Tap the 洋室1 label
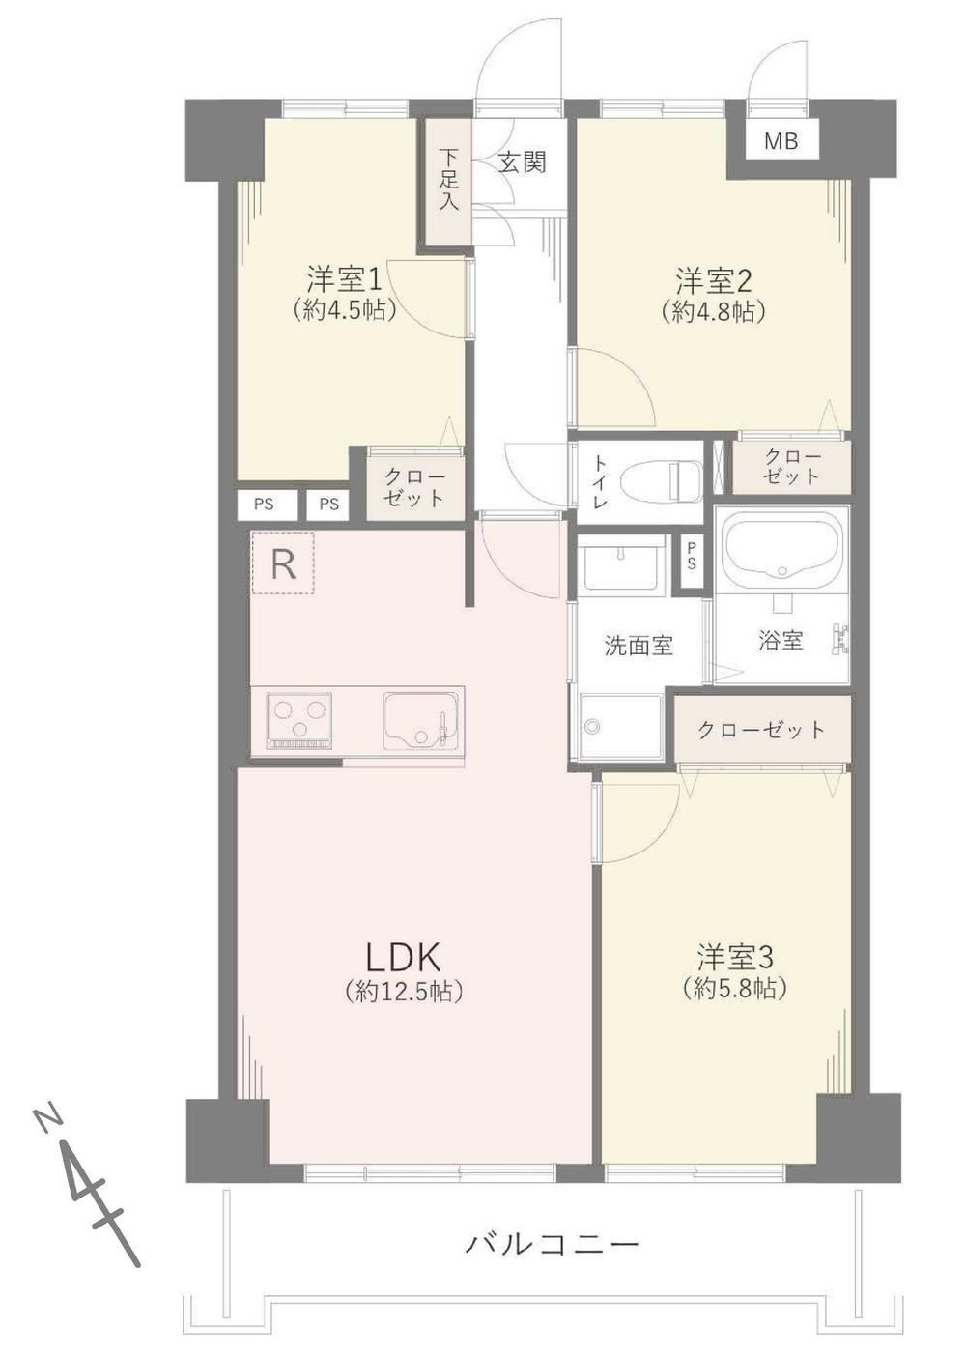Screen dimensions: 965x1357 (345, 280)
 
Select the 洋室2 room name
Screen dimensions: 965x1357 (714, 280)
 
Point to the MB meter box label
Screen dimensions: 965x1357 (781, 141)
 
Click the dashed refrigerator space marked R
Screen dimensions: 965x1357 (283, 563)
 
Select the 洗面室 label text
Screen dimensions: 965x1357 (639, 646)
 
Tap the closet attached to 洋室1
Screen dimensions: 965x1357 (415, 488)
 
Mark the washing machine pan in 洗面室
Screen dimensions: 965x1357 (621, 726)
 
